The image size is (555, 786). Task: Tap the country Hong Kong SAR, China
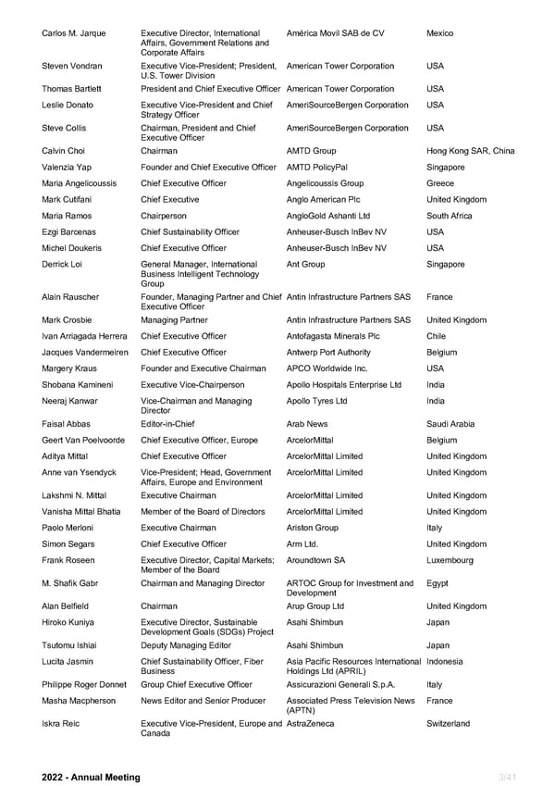coord(471,151)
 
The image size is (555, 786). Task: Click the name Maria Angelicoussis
coord(80,183)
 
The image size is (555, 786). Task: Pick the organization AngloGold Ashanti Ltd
coord(328,216)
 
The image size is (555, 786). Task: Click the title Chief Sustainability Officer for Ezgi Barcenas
coord(190,232)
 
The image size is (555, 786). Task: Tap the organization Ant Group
coord(305,264)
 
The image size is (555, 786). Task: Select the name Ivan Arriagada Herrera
coord(85,336)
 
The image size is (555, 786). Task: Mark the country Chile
coord(437,336)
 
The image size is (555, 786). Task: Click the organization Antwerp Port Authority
coord(332,353)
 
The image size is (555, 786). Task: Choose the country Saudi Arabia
coord(450,424)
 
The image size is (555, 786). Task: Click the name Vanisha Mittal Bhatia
coord(81,511)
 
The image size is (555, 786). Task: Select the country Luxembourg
coord(450,560)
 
